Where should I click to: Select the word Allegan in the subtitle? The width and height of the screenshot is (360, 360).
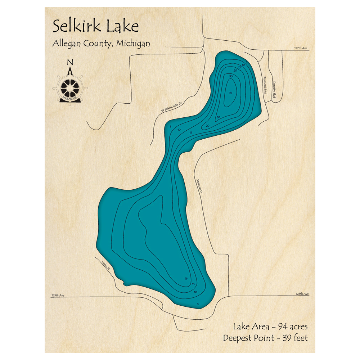click(68, 44)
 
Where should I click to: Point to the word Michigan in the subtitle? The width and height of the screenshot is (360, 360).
click(132, 44)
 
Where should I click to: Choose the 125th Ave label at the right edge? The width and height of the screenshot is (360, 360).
click(302, 294)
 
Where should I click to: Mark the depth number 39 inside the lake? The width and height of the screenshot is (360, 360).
click(230, 93)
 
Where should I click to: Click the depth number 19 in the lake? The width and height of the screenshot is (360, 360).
click(186, 279)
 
